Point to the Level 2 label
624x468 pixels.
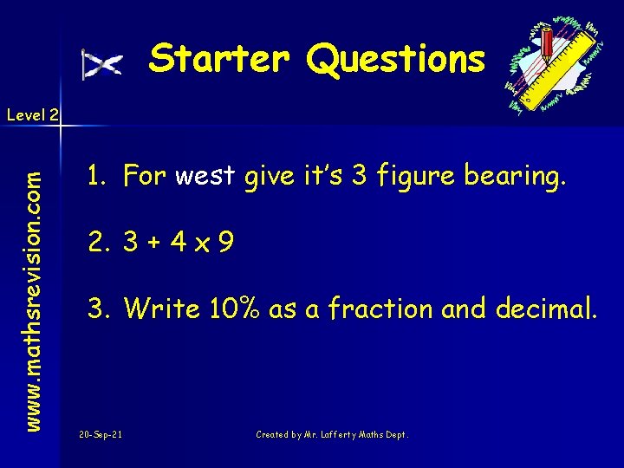click(31, 114)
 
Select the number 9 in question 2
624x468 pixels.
click(225, 242)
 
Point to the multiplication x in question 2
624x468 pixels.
click(204, 244)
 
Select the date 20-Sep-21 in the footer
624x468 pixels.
click(100, 434)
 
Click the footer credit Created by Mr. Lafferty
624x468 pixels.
click(332, 434)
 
